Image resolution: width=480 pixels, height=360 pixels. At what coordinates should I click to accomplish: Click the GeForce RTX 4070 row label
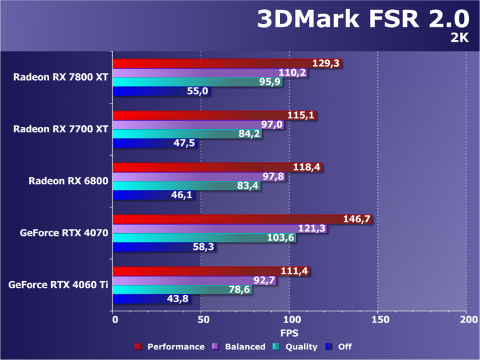coord(64,233)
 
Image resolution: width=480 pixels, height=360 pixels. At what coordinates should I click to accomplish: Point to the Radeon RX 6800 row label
coord(68,181)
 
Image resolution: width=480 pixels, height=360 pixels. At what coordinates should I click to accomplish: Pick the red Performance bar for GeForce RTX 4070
coord(243,219)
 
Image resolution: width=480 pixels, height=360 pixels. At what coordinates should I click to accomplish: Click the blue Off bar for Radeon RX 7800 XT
coord(162,91)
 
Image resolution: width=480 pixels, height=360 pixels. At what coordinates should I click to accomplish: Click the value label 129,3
coord(326,63)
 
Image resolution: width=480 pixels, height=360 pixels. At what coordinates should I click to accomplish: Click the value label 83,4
coord(247,186)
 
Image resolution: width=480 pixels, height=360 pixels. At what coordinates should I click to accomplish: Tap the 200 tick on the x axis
coord(468,320)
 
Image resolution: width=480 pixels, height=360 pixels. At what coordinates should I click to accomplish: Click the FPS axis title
coord(289,333)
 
